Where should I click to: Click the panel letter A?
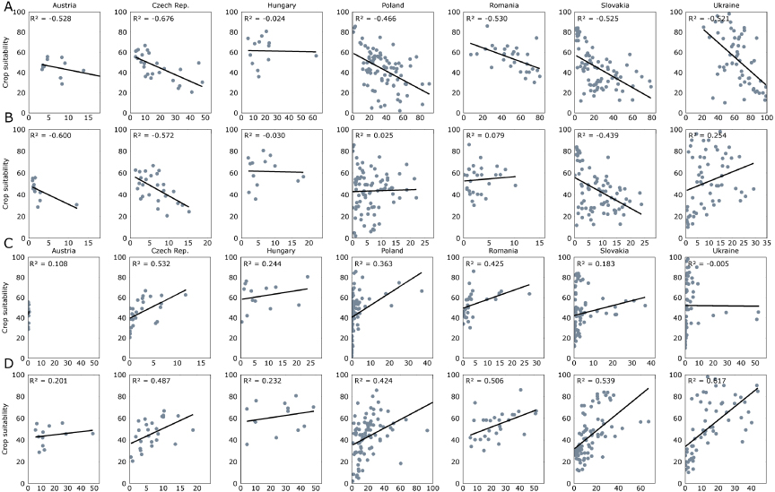7,8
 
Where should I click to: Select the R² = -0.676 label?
152,18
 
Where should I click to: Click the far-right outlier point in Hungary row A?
317,55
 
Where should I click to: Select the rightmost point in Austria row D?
92,434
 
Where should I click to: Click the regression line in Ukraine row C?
727,306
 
